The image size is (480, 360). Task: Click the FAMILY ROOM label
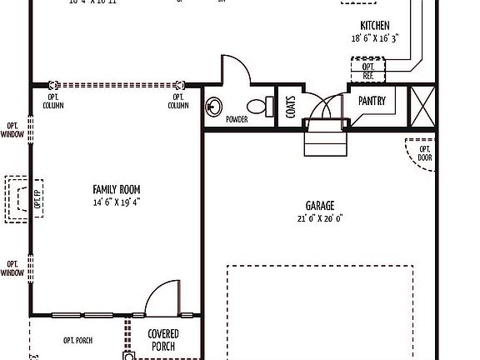(116, 189)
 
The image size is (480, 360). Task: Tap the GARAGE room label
(320, 205)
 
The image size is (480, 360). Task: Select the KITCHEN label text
(374, 26)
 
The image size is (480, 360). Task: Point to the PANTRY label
(371, 101)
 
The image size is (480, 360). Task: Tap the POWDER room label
(236, 120)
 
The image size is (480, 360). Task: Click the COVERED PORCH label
(162, 340)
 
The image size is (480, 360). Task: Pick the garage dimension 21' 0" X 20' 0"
(320, 218)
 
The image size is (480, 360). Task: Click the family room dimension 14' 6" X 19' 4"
(116, 202)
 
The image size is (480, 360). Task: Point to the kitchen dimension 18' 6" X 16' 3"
(374, 38)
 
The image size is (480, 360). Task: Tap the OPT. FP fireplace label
(37, 198)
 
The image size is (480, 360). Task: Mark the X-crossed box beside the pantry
(421, 105)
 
